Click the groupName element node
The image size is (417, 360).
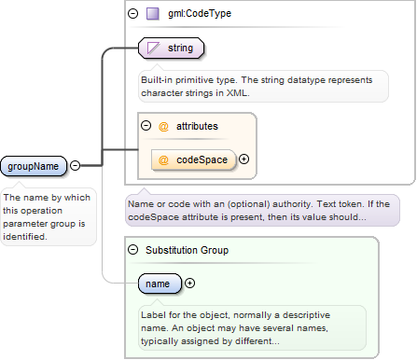tap(34, 166)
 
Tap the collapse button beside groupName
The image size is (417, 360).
tap(75, 165)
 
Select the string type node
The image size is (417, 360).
tap(171, 48)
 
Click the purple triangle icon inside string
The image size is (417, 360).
tap(153, 48)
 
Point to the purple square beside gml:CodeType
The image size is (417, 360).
tap(153, 14)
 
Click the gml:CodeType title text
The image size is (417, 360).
tap(200, 14)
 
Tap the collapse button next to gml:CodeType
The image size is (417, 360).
tap(132, 14)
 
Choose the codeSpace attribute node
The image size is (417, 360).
tap(194, 159)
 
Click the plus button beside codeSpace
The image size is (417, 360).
tap(244, 159)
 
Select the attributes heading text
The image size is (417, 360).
tap(197, 126)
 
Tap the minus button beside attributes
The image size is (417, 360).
tap(146, 126)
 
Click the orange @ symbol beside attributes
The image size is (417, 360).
tap(163, 127)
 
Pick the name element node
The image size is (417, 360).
tap(160, 284)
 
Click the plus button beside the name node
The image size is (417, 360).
tap(189, 283)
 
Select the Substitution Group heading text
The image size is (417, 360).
tap(187, 250)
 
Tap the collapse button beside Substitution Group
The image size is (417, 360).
tap(132, 250)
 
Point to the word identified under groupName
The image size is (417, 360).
tap(25, 237)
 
